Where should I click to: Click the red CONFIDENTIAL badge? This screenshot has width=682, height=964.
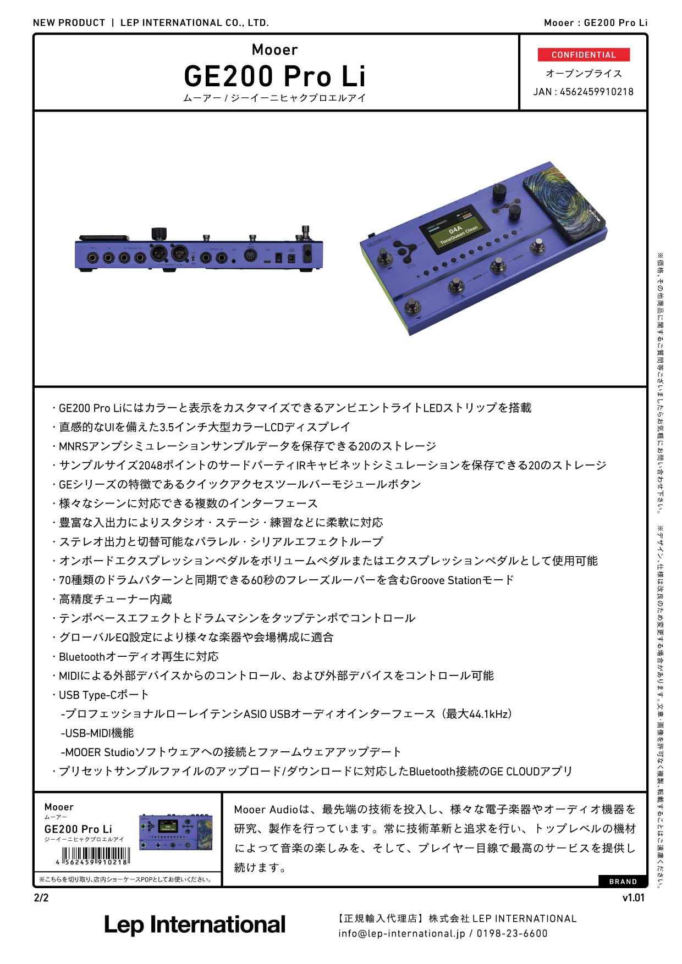(x=584, y=55)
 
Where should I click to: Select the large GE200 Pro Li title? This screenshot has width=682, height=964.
(x=274, y=76)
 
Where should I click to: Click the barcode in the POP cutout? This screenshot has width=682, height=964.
(x=96, y=856)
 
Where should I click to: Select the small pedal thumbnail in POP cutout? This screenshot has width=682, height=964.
(x=175, y=832)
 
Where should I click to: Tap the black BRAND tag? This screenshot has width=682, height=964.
(x=623, y=882)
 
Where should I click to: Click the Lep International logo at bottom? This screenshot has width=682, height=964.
(x=195, y=925)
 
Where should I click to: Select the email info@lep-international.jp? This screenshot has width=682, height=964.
(x=402, y=933)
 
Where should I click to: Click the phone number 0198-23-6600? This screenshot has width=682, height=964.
(x=512, y=933)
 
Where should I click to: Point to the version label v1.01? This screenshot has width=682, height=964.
(x=633, y=898)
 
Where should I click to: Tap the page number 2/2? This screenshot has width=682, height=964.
(x=41, y=898)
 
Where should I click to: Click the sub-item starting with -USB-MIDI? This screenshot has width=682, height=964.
(x=97, y=733)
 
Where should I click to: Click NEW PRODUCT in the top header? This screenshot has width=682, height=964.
(x=69, y=23)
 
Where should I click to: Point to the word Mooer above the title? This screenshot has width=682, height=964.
(x=274, y=50)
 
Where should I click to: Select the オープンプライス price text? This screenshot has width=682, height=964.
(x=584, y=74)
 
